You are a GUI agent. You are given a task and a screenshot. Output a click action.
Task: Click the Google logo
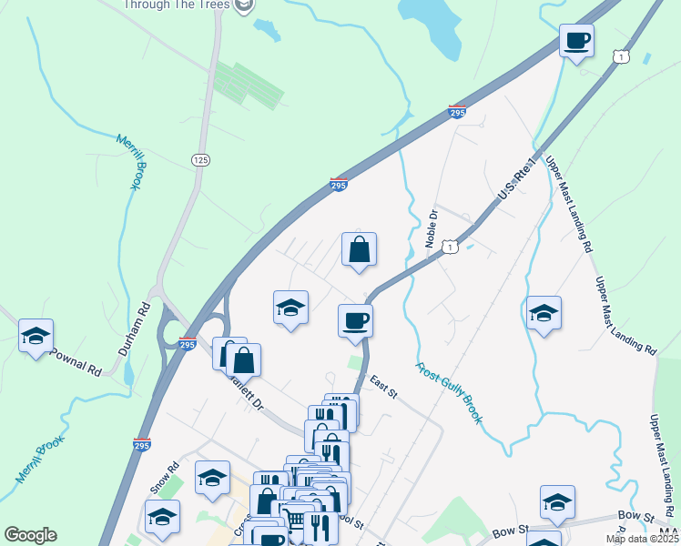coord(30,535)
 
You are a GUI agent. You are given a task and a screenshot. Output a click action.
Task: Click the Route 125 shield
coord(201,159)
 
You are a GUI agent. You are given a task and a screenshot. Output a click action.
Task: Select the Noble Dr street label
coord(432,229)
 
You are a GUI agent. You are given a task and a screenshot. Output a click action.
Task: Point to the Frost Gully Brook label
coord(449,394)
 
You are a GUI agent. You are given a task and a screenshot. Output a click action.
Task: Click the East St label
coord(382,387)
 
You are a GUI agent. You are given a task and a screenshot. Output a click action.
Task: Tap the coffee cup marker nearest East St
coord(355,319)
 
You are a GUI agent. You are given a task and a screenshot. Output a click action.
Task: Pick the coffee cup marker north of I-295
coord(575,40)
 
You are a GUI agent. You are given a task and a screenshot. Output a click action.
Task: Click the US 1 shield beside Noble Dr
coord(449,247)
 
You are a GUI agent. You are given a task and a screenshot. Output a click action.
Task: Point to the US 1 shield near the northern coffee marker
coord(620,56)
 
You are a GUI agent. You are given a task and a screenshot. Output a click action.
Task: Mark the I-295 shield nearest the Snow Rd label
coord(140,444)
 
